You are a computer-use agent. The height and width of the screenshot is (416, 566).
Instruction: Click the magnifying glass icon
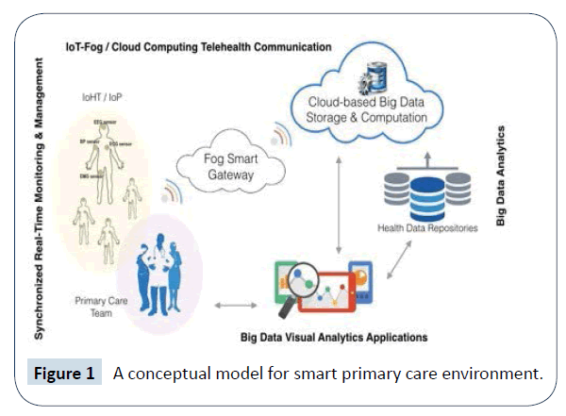point(310,286)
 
